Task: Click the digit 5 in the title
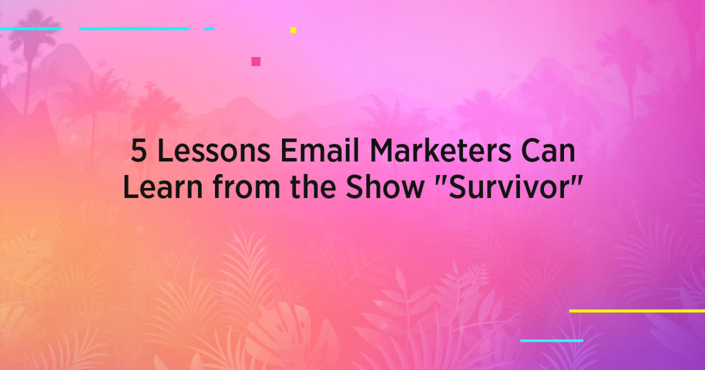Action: [x=139, y=153]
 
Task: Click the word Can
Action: [x=547, y=153]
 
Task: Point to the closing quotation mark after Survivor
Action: [x=575, y=180]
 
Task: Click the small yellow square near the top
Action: [x=293, y=30]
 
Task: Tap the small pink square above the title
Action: [x=256, y=61]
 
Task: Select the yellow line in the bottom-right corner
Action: [x=637, y=311]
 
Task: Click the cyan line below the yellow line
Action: [x=552, y=340]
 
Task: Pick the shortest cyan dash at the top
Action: [x=209, y=28]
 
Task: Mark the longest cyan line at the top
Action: [x=134, y=28]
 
